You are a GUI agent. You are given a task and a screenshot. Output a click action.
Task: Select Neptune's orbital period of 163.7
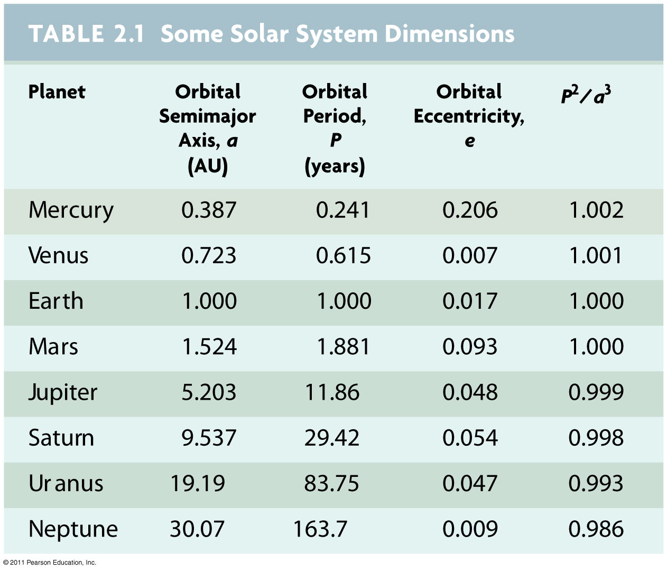[320, 529]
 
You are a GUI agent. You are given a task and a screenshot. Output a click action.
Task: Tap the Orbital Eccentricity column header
[469, 115]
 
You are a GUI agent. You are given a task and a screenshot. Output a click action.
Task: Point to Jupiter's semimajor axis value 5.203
[209, 392]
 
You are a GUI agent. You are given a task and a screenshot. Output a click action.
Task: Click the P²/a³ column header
[586, 95]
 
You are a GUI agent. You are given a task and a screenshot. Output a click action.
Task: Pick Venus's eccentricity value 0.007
[470, 256]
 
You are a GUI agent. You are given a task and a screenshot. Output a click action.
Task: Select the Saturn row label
[61, 438]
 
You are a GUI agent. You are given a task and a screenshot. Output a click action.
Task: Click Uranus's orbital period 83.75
[331, 484]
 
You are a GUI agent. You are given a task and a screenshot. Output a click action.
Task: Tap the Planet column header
[57, 92]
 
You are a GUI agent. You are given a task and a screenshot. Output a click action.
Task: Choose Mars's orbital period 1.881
[344, 347]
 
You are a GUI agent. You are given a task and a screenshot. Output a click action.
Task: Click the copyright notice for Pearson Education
[50, 563]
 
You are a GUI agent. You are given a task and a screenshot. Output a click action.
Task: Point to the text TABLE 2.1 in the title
[86, 34]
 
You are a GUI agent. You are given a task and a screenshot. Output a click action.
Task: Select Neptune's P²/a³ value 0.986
[596, 529]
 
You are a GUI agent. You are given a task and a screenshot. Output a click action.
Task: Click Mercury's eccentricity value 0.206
[470, 210]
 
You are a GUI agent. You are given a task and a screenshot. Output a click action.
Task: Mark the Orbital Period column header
[335, 128]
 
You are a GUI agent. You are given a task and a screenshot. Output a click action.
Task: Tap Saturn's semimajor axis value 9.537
[209, 438]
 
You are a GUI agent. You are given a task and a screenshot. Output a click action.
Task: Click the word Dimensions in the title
[449, 34]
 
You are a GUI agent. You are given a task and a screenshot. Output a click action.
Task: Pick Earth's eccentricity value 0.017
[470, 301]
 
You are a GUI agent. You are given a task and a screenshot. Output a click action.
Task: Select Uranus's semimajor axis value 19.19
[197, 484]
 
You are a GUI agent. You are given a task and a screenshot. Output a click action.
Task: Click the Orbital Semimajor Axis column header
[208, 128]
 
